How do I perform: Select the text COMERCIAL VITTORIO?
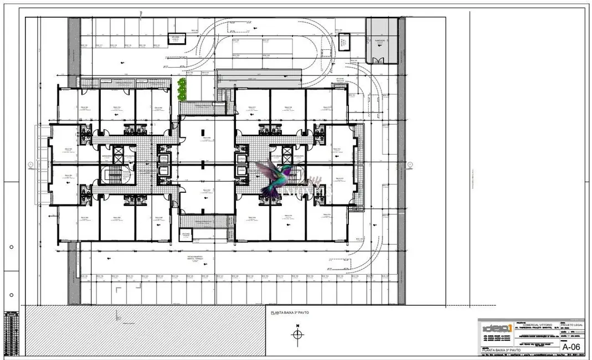pos(539,325)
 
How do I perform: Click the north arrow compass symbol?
pos(297,334)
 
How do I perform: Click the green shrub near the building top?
pos(181,89)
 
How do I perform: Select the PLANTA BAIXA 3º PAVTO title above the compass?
pos(290,313)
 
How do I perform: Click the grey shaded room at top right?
pos(382,40)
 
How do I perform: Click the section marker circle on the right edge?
pos(410,164)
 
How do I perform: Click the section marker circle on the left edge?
pos(29,164)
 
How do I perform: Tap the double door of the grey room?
pos(379,60)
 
